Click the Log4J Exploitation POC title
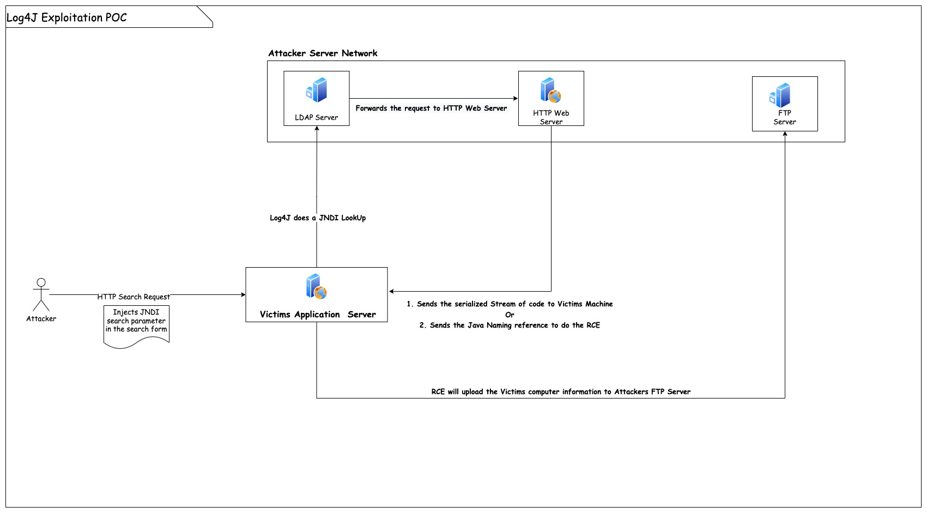(66, 17)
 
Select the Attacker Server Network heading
(323, 53)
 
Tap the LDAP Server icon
(317, 90)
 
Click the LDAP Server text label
(316, 117)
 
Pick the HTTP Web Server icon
(550, 90)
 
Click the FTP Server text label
(784, 117)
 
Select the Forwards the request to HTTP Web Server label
(431, 108)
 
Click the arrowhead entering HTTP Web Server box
(515, 99)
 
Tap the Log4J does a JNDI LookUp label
(318, 218)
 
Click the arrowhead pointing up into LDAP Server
(317, 129)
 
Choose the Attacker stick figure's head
(41, 282)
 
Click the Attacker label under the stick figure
(41, 319)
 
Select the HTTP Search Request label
(134, 297)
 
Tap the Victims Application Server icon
(316, 287)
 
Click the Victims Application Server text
(317, 315)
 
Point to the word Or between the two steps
(510, 315)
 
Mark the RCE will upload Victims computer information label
(561, 391)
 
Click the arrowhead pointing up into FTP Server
(785, 134)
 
